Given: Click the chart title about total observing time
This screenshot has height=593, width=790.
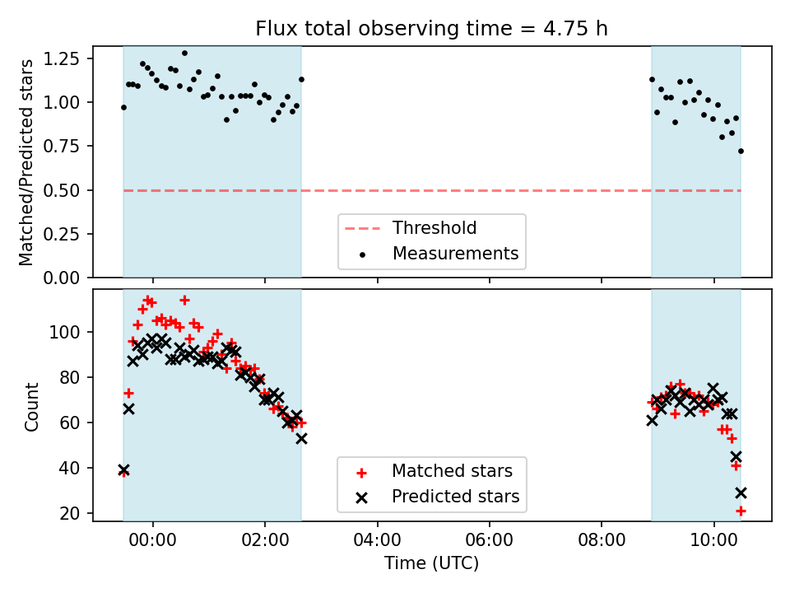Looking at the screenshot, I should point(431,29).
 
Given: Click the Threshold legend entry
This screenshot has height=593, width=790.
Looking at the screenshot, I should point(434,228).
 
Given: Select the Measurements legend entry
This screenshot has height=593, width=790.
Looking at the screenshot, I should point(455,254).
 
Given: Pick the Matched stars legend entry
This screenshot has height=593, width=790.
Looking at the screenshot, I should point(452,471).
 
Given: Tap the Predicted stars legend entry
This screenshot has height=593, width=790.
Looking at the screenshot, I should point(455,497).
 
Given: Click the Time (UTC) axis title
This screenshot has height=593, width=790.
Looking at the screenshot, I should point(431,564).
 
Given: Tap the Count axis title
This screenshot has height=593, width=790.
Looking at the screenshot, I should point(32,406).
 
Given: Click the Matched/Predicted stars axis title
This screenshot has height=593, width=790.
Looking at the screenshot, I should point(27,162).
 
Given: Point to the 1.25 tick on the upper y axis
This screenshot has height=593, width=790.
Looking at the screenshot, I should point(63,58).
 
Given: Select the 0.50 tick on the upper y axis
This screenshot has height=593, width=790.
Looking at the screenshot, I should point(63,190).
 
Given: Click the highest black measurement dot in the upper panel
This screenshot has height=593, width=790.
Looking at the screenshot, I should point(184,53).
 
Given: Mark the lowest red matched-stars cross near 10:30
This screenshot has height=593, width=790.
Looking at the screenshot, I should point(741,511).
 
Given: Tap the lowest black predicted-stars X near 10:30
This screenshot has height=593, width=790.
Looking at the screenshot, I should point(741,493).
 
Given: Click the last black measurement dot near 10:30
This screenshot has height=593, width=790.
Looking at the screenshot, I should point(741,151).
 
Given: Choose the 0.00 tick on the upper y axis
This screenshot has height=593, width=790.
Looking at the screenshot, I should point(63,278).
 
